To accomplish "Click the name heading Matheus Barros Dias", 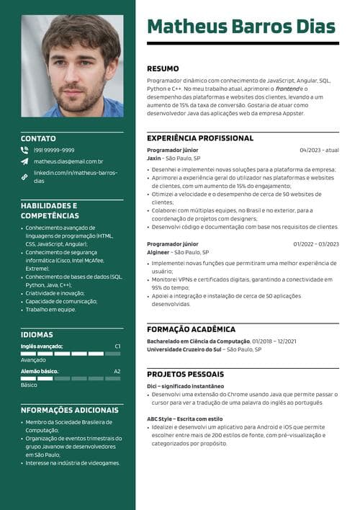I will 241,27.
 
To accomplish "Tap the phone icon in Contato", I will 24,150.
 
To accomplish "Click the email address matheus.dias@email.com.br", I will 69,161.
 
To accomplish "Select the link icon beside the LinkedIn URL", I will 24,176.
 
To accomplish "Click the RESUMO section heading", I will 163,68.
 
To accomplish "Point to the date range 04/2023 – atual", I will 319,150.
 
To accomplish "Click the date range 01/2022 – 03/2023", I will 315,244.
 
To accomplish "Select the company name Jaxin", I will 153,158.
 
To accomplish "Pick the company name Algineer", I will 158,253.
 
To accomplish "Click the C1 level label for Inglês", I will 117,346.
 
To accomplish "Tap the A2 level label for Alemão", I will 117,371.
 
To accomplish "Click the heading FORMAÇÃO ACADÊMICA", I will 191,329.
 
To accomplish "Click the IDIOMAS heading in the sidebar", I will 37,334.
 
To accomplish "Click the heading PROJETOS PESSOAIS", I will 185,375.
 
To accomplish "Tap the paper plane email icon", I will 24,161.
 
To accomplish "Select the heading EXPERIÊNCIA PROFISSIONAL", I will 199,138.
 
